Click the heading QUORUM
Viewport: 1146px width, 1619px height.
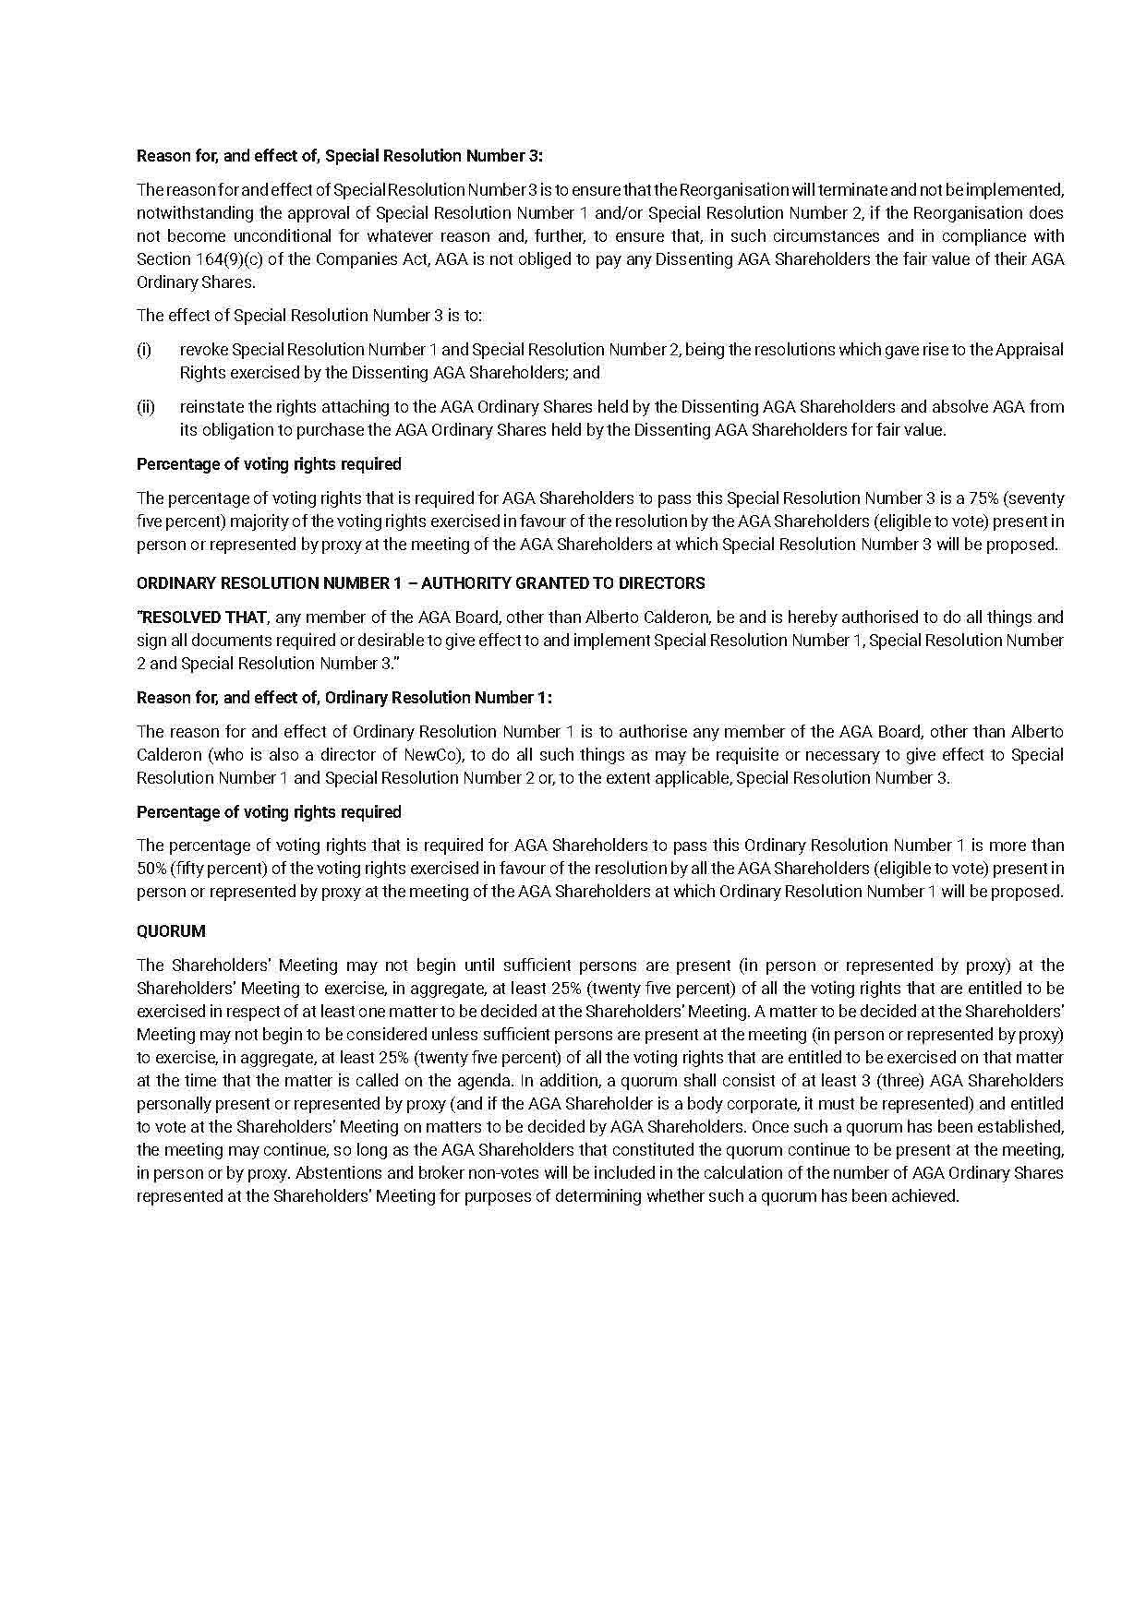pos(171,931)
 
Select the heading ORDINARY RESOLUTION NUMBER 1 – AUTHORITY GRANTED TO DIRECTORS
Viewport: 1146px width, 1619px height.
pos(420,583)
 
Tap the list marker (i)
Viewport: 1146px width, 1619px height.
pos(144,350)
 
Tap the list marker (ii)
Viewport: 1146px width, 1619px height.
pos(146,407)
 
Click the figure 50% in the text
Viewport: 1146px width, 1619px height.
pos(151,869)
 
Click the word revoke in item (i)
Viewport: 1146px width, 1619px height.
pos(204,350)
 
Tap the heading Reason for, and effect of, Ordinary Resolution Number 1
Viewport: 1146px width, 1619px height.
pos(344,698)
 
